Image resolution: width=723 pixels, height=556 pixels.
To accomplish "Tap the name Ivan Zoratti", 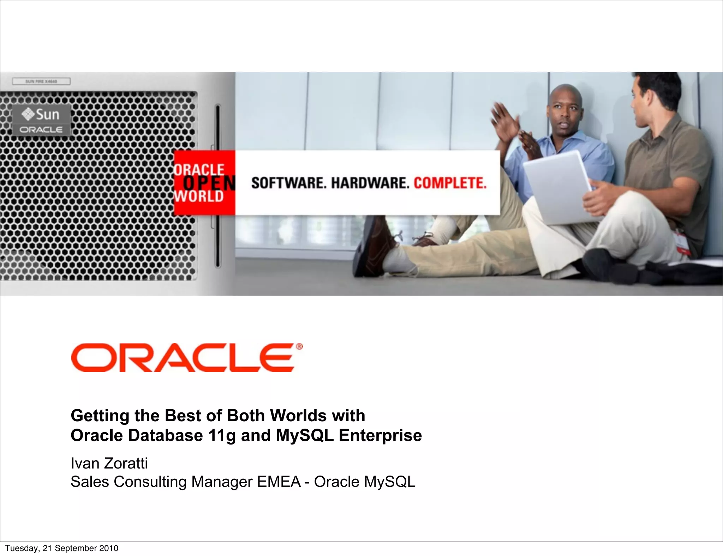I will tap(109, 463).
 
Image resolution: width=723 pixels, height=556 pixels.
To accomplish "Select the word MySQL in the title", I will tap(305, 435).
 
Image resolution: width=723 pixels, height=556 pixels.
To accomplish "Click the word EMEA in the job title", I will tap(279, 482).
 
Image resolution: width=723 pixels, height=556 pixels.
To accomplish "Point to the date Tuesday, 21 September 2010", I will tap(62, 548).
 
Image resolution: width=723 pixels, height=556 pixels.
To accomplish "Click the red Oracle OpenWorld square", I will tap(204, 183).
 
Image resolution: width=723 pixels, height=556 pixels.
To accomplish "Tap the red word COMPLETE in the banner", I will tap(450, 183).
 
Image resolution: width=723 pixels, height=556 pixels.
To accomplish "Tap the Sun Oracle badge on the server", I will tap(42, 120).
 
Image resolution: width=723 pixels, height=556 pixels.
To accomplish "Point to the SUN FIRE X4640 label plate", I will tap(41, 81).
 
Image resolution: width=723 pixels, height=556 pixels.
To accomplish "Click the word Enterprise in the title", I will tap(380, 435).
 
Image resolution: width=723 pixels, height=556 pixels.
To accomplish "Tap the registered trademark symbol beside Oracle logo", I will tap(299, 347).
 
